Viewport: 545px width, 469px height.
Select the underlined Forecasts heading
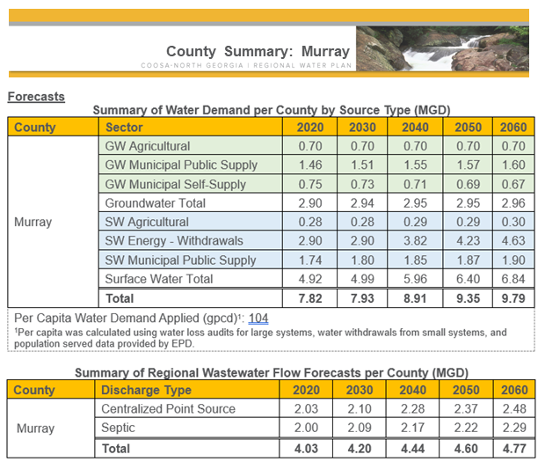coord(36,97)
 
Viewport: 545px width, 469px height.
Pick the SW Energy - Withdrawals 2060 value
coord(512,241)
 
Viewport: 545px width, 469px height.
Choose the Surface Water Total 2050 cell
coord(468,279)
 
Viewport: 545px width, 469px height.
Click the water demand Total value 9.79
coord(512,298)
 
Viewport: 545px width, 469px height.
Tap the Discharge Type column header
coord(146,390)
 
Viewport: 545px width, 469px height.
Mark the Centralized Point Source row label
coord(168,409)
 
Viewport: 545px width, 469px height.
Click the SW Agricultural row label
coord(147,222)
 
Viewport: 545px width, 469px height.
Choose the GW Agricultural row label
coord(147,146)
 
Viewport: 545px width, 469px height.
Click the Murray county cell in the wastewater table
coord(35,429)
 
